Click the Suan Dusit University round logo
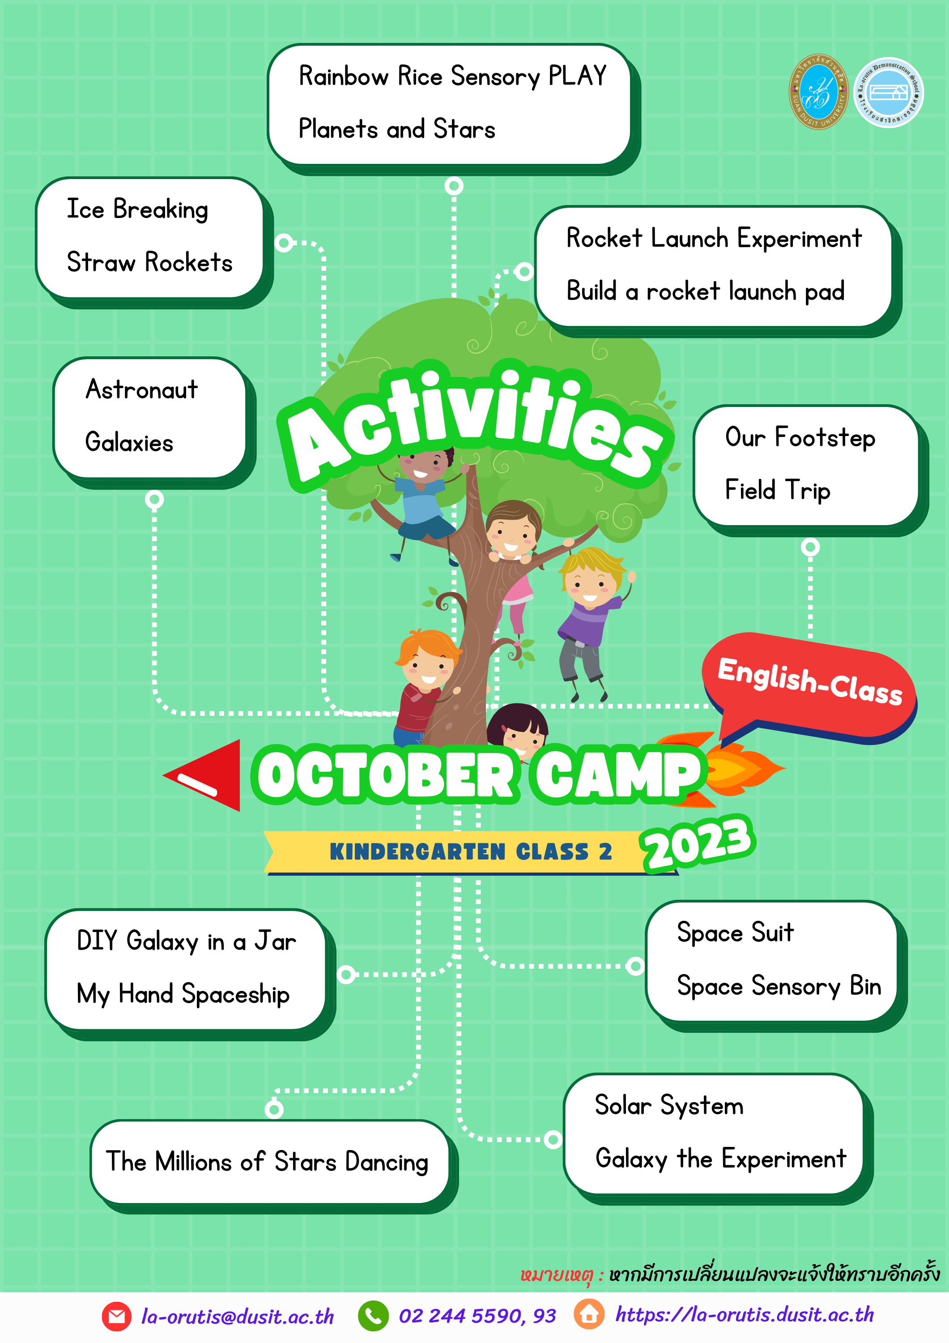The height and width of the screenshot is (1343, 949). (819, 92)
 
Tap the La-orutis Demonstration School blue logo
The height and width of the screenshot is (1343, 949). (888, 92)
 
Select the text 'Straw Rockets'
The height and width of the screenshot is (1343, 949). (150, 262)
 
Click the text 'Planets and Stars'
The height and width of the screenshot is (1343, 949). (396, 128)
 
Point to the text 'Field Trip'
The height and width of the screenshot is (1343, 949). (777, 490)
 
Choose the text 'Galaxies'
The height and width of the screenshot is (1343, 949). (129, 442)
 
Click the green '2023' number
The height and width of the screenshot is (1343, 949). (698, 843)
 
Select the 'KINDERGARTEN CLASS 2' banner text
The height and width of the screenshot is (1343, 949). (471, 851)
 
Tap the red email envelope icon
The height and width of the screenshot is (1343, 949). (116, 1316)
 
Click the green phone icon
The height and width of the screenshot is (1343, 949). (373, 1316)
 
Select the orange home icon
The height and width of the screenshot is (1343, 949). (589, 1314)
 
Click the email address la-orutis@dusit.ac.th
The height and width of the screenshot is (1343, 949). (238, 1316)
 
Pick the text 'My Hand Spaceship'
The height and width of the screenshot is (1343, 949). (183, 994)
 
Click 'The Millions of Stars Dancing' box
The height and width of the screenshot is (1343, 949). (269, 1162)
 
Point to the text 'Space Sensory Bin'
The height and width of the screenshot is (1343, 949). (779, 986)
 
